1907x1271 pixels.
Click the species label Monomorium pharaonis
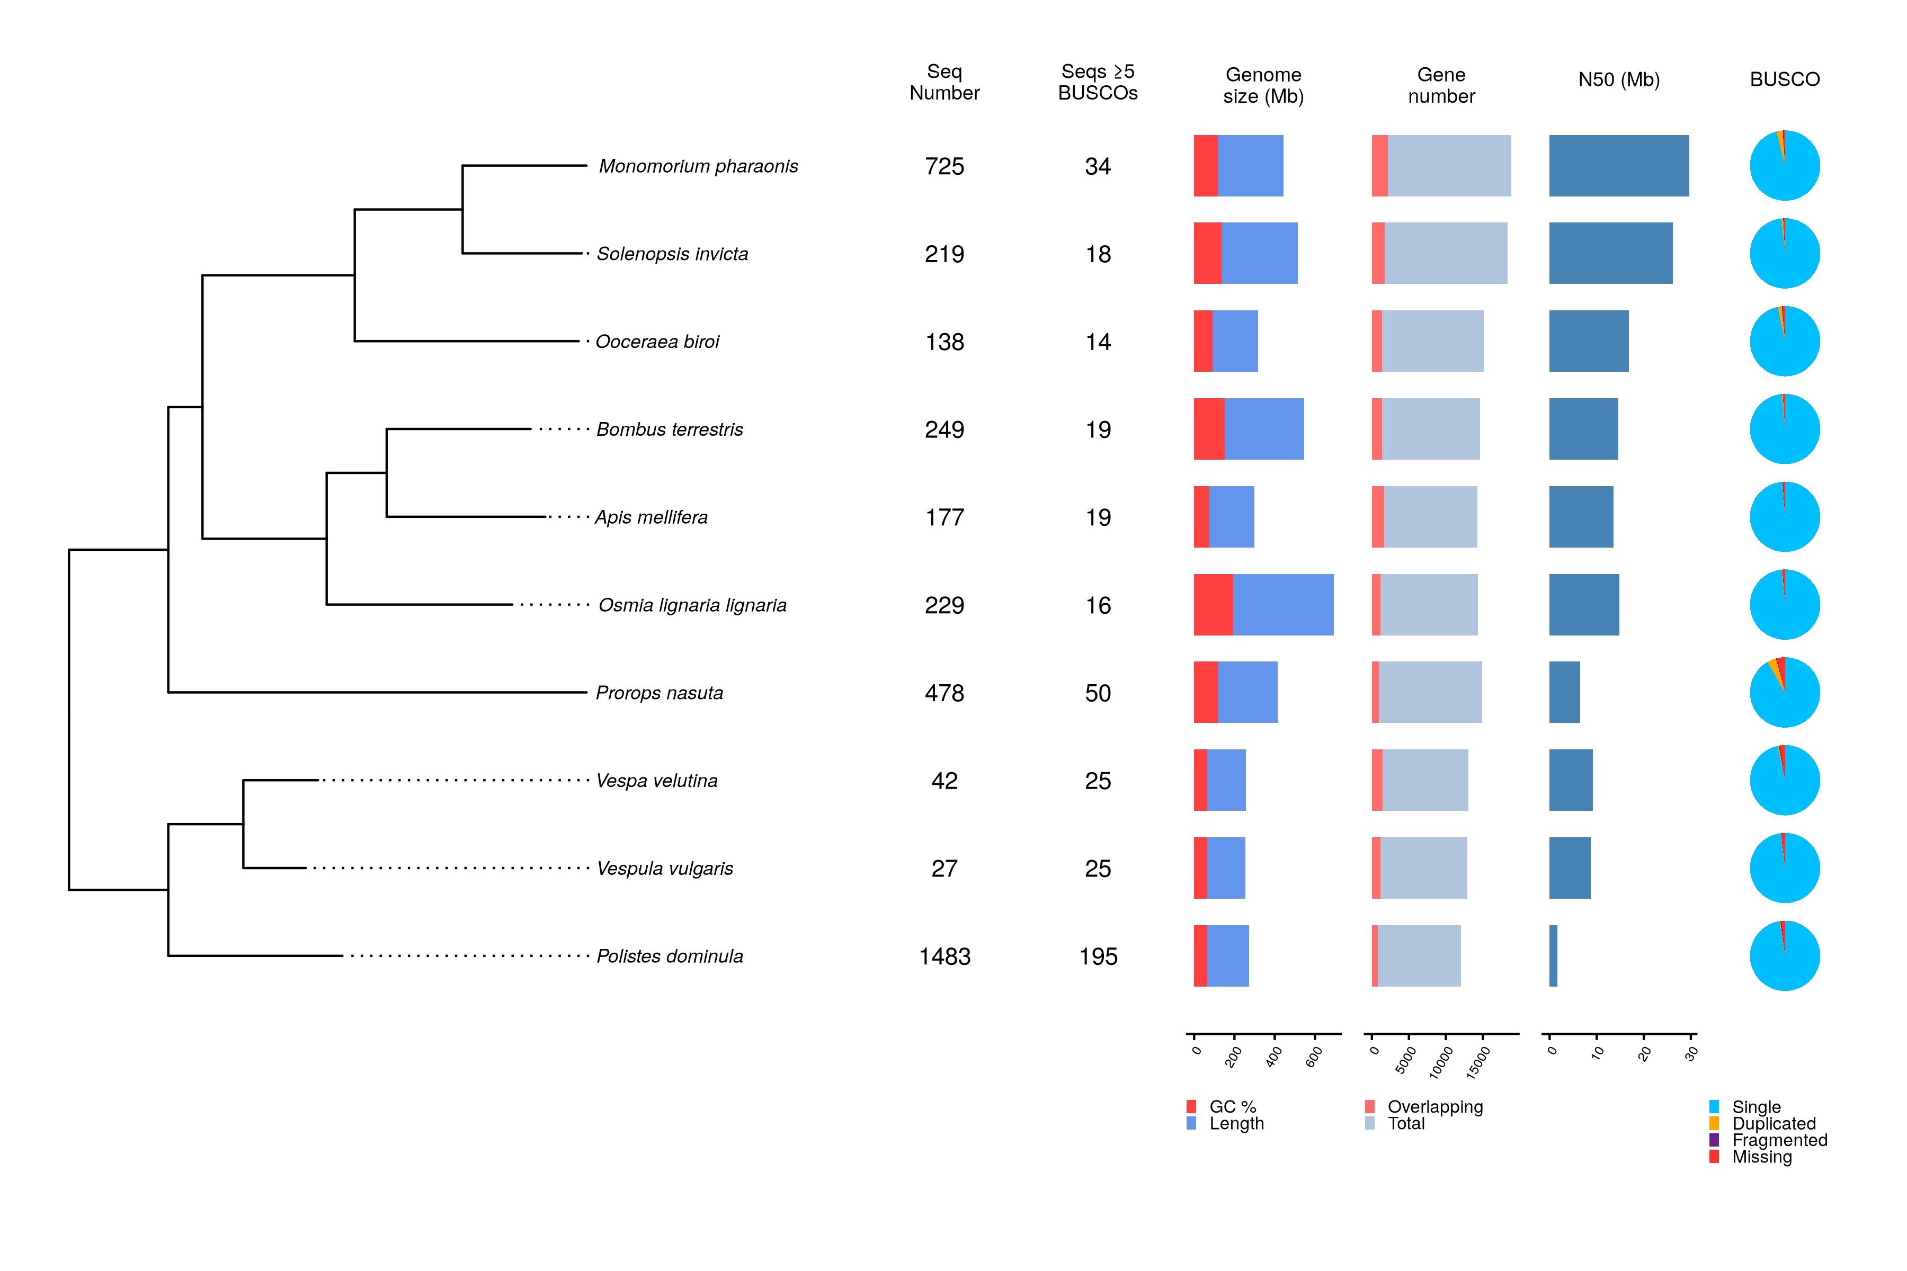coord(698,166)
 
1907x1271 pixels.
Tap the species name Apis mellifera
coord(651,517)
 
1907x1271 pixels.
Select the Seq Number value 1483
coord(944,956)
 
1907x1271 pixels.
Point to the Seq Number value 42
coord(944,781)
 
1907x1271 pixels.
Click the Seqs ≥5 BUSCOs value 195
coord(1098,956)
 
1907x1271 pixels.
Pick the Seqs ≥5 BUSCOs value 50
coord(1098,693)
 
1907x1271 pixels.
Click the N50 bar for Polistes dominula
coord(1553,956)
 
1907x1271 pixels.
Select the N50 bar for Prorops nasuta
coord(1564,692)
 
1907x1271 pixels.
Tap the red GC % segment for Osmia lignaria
coord(1213,605)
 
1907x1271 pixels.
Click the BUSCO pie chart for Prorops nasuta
coord(1785,692)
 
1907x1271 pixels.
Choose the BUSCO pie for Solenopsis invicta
coord(1785,254)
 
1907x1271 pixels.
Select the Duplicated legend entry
coord(1773,1123)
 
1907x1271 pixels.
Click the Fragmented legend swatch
coord(1714,1140)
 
